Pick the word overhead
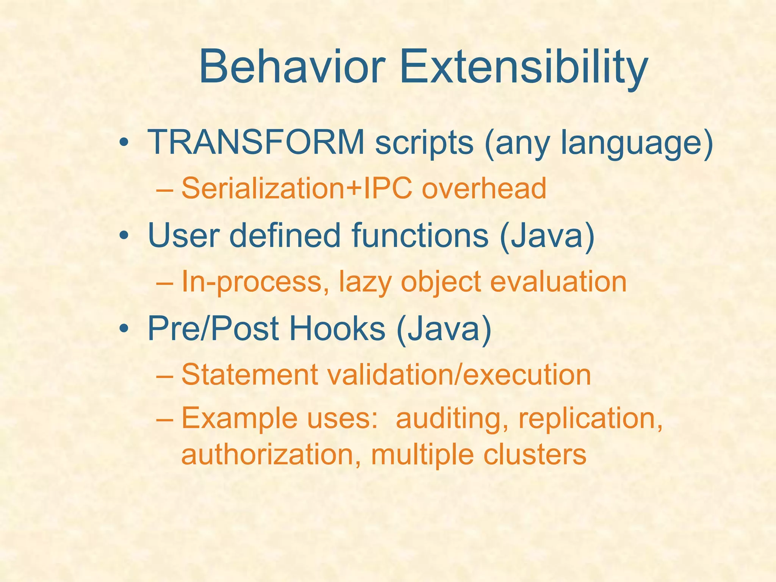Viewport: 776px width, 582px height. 484,188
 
